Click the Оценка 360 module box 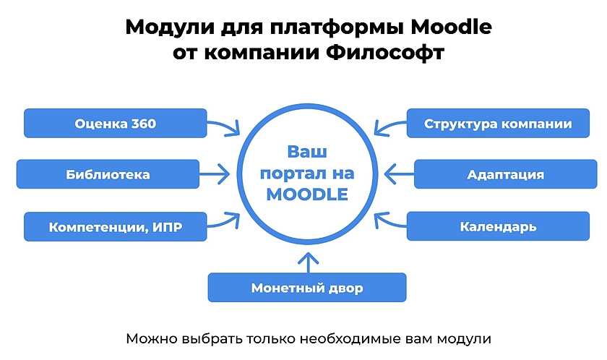116,123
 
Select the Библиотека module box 108,174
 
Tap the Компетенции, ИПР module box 116,227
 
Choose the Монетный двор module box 307,288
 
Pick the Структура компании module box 498,123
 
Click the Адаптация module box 505,174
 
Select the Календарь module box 498,227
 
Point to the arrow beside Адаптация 398,174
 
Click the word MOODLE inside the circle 307,194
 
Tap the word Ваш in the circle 307,153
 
